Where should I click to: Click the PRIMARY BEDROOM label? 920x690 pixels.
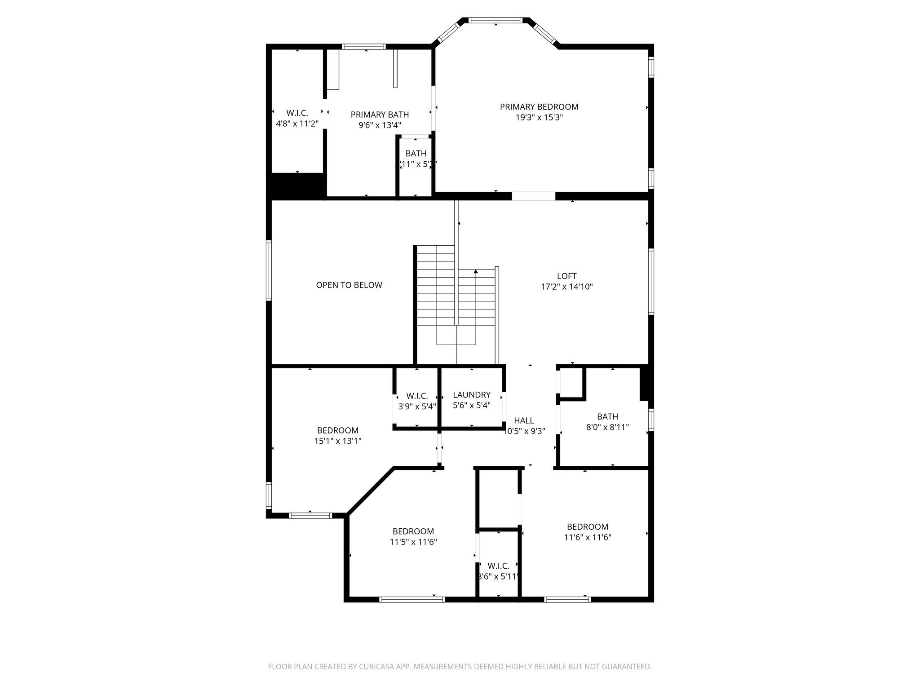539,107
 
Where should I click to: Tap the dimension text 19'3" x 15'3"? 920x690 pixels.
539,118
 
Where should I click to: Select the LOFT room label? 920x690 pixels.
566,276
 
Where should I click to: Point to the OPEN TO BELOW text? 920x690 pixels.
349,285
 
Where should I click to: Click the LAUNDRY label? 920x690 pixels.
472,395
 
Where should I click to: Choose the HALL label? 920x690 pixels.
524,420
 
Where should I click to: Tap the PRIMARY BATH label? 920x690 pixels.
380,115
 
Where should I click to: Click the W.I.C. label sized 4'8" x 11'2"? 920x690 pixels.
297,113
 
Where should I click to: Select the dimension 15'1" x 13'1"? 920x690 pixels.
338,441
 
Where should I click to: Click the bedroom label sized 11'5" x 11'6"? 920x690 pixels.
413,531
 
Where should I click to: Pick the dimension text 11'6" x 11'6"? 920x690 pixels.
588,537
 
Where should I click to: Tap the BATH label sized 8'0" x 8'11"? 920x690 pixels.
607,416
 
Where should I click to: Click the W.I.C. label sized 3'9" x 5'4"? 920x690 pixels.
417,396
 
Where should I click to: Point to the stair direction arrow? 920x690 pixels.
476,271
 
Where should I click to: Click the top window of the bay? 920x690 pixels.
496,20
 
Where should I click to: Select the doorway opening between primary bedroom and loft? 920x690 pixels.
534,196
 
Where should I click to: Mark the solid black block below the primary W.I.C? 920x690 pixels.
296,186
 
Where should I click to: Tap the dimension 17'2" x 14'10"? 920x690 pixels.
566,287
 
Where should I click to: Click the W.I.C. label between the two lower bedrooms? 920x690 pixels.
498,566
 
